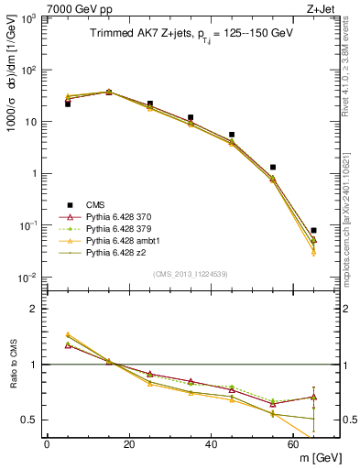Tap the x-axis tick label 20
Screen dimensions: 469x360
(128, 444)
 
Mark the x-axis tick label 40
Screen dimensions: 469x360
(212, 444)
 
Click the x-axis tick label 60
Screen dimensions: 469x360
(294, 444)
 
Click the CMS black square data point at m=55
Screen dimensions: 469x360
(273, 168)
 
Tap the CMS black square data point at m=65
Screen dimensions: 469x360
(314, 231)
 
